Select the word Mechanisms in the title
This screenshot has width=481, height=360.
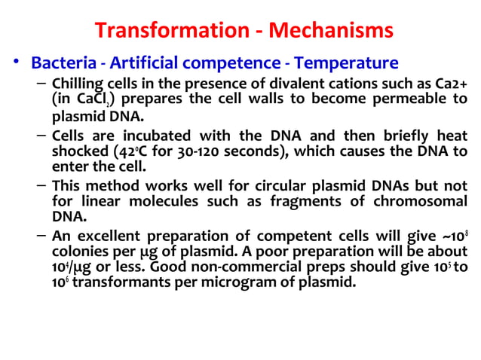332,31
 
